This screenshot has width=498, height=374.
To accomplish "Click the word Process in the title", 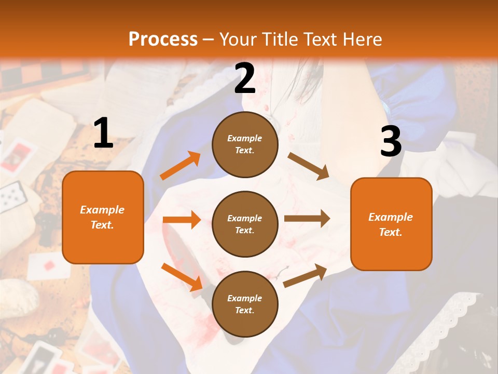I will pos(163,39).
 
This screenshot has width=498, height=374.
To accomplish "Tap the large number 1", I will pos(103,133).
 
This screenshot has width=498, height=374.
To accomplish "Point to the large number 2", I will pos(245,78).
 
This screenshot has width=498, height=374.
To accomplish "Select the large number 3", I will pos(391,142).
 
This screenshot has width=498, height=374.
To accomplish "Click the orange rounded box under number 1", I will pos(103,217).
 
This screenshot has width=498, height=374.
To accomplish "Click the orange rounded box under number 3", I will pos(391,224).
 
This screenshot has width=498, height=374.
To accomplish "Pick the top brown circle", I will pos(245,144).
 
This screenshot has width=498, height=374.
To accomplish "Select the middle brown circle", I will pos(245,224).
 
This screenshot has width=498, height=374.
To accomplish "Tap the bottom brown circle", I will pos(245,304).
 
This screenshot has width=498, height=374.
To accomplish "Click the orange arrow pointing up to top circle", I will pos(181,166).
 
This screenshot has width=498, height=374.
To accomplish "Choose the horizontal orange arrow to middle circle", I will pos(182,220).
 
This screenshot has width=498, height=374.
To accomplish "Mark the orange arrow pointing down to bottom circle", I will pos(182,277).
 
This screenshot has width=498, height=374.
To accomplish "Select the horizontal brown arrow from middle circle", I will pos(307,219).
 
